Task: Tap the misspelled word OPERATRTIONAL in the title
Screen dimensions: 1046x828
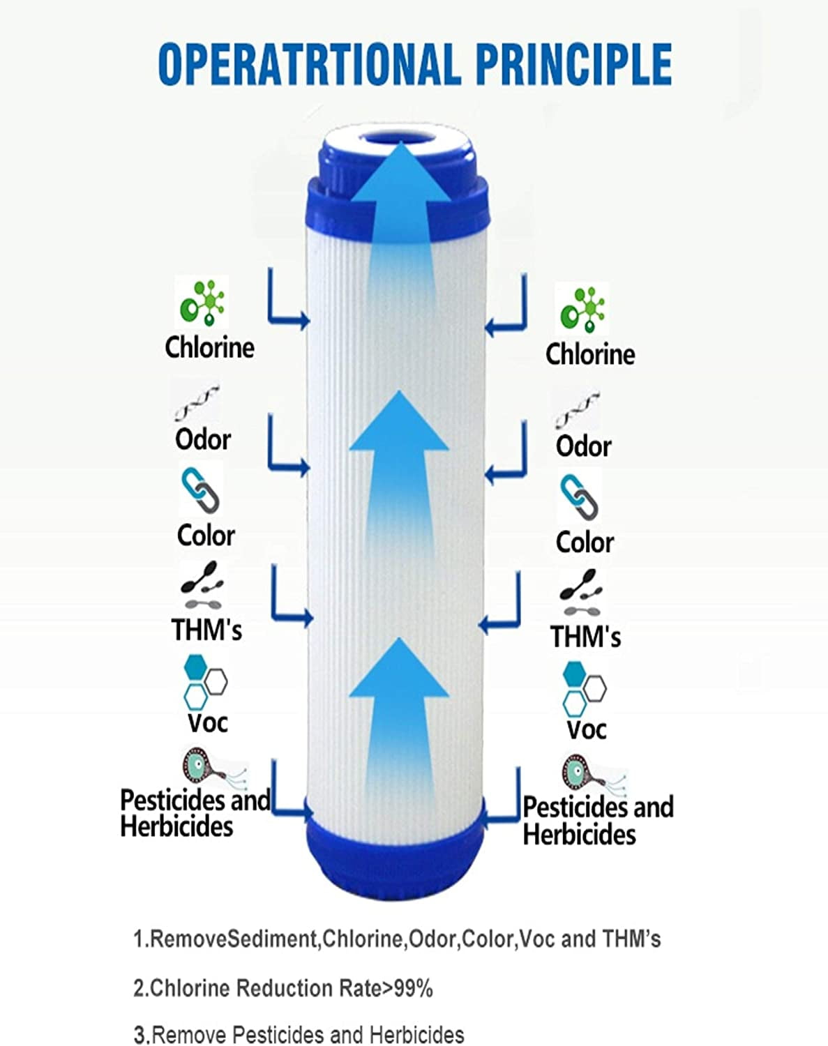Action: click(x=309, y=63)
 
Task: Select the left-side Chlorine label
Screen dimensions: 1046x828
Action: click(x=209, y=347)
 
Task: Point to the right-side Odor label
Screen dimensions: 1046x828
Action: click(x=583, y=446)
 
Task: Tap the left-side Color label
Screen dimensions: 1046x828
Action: click(x=206, y=536)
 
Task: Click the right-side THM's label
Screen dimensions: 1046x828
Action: click(x=585, y=637)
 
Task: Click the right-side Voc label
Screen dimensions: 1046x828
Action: click(x=586, y=730)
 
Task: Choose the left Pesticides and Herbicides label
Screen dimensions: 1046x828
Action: click(x=195, y=813)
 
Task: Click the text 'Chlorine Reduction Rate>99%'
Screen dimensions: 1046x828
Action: click(x=283, y=988)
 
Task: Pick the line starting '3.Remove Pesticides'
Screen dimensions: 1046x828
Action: click(x=299, y=1034)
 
